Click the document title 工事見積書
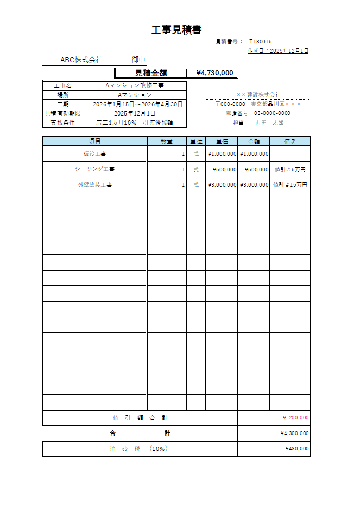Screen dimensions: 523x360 (176, 30)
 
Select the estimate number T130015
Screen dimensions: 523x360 (261, 41)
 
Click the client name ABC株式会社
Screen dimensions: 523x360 (81, 60)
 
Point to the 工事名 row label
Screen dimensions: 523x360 (62, 86)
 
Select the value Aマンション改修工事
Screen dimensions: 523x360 (134, 86)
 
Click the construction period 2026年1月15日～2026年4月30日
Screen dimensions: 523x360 (137, 104)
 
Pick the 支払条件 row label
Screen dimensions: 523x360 (62, 123)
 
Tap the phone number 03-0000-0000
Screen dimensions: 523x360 (272, 113)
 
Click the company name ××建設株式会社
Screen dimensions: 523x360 (258, 95)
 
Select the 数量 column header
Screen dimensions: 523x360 (167, 142)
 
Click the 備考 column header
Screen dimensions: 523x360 (290, 142)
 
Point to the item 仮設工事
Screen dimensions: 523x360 (94, 154)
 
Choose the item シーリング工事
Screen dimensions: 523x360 (94, 169)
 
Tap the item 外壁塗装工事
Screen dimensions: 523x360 (94, 185)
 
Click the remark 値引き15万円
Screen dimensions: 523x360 (290, 185)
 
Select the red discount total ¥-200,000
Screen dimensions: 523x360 (295, 418)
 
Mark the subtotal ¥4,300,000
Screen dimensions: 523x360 (295, 433)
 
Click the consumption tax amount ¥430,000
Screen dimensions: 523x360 (296, 449)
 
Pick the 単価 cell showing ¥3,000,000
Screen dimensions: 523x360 (222, 185)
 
